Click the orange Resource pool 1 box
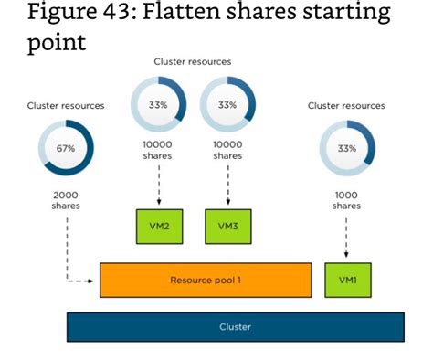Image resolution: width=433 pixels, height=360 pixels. click(205, 280)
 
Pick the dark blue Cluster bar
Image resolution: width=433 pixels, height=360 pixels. click(235, 326)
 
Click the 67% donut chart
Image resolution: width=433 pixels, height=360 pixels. click(66, 148)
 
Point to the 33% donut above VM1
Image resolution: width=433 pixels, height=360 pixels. click(346, 148)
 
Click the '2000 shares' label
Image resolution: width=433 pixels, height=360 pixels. click(66, 199)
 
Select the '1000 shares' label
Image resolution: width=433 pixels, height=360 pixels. click(346, 199)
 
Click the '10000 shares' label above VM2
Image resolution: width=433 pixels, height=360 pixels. click(158, 150)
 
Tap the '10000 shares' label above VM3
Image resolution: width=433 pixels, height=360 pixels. click(227, 150)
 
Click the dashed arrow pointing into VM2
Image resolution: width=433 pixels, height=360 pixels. click(158, 187)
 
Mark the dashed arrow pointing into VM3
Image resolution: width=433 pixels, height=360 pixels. click(227, 187)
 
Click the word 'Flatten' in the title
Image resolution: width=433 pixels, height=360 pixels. click(185, 15)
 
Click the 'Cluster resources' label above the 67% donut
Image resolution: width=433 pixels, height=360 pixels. click(66, 106)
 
